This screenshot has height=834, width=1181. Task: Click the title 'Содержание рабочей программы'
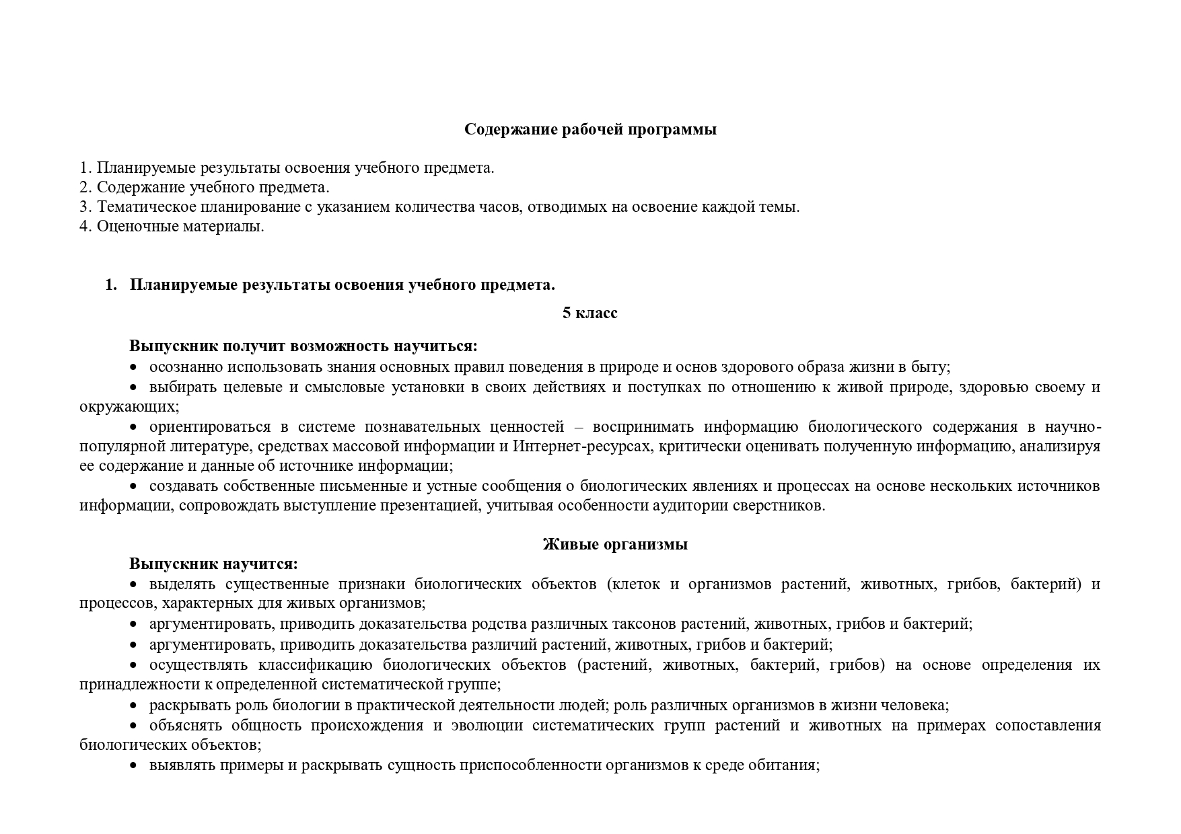(x=590, y=129)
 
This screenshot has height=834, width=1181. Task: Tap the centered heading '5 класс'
(x=589, y=313)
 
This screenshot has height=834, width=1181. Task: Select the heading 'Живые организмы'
(x=615, y=544)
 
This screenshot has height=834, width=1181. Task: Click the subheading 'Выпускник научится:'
(x=213, y=564)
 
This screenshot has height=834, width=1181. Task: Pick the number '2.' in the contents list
(x=85, y=187)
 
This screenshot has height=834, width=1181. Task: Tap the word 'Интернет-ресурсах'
(x=581, y=446)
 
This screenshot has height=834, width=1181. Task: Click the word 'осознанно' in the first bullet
(x=186, y=367)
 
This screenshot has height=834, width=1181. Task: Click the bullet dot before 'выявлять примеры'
(x=133, y=765)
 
